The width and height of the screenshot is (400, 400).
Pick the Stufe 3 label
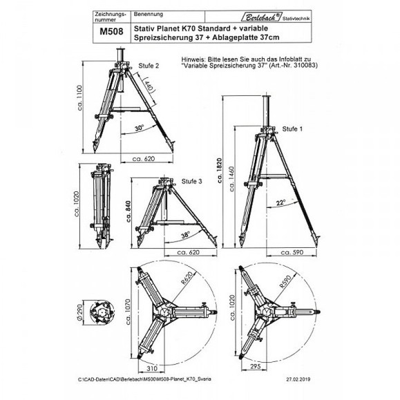192,181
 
